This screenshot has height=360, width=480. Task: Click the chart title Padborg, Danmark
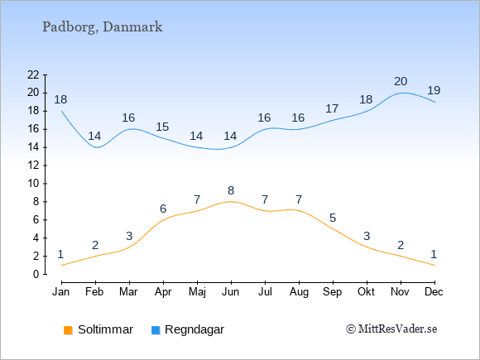click(x=103, y=27)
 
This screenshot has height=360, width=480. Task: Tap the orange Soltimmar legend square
click(x=68, y=330)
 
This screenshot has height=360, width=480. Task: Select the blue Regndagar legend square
click(x=156, y=330)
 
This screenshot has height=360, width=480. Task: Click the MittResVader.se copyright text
click(x=391, y=329)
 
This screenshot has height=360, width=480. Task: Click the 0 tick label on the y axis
click(x=36, y=274)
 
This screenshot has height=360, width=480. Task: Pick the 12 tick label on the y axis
click(x=33, y=166)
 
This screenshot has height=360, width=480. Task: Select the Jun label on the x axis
click(x=231, y=292)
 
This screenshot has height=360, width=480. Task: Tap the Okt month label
click(x=366, y=292)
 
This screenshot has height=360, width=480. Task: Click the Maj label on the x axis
click(x=197, y=292)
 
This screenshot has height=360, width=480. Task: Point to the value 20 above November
click(x=401, y=81)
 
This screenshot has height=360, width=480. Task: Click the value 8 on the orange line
click(x=231, y=190)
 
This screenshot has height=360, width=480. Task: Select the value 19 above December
click(x=434, y=90)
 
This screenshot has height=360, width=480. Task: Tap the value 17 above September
click(x=332, y=108)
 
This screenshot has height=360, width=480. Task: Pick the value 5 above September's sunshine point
click(x=333, y=218)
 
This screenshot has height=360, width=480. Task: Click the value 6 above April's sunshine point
click(x=163, y=209)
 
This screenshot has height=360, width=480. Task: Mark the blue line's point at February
click(x=96, y=147)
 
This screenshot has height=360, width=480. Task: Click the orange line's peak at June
click(x=231, y=202)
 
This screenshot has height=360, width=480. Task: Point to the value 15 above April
click(x=162, y=127)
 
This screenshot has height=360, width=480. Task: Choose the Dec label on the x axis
click(x=434, y=292)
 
